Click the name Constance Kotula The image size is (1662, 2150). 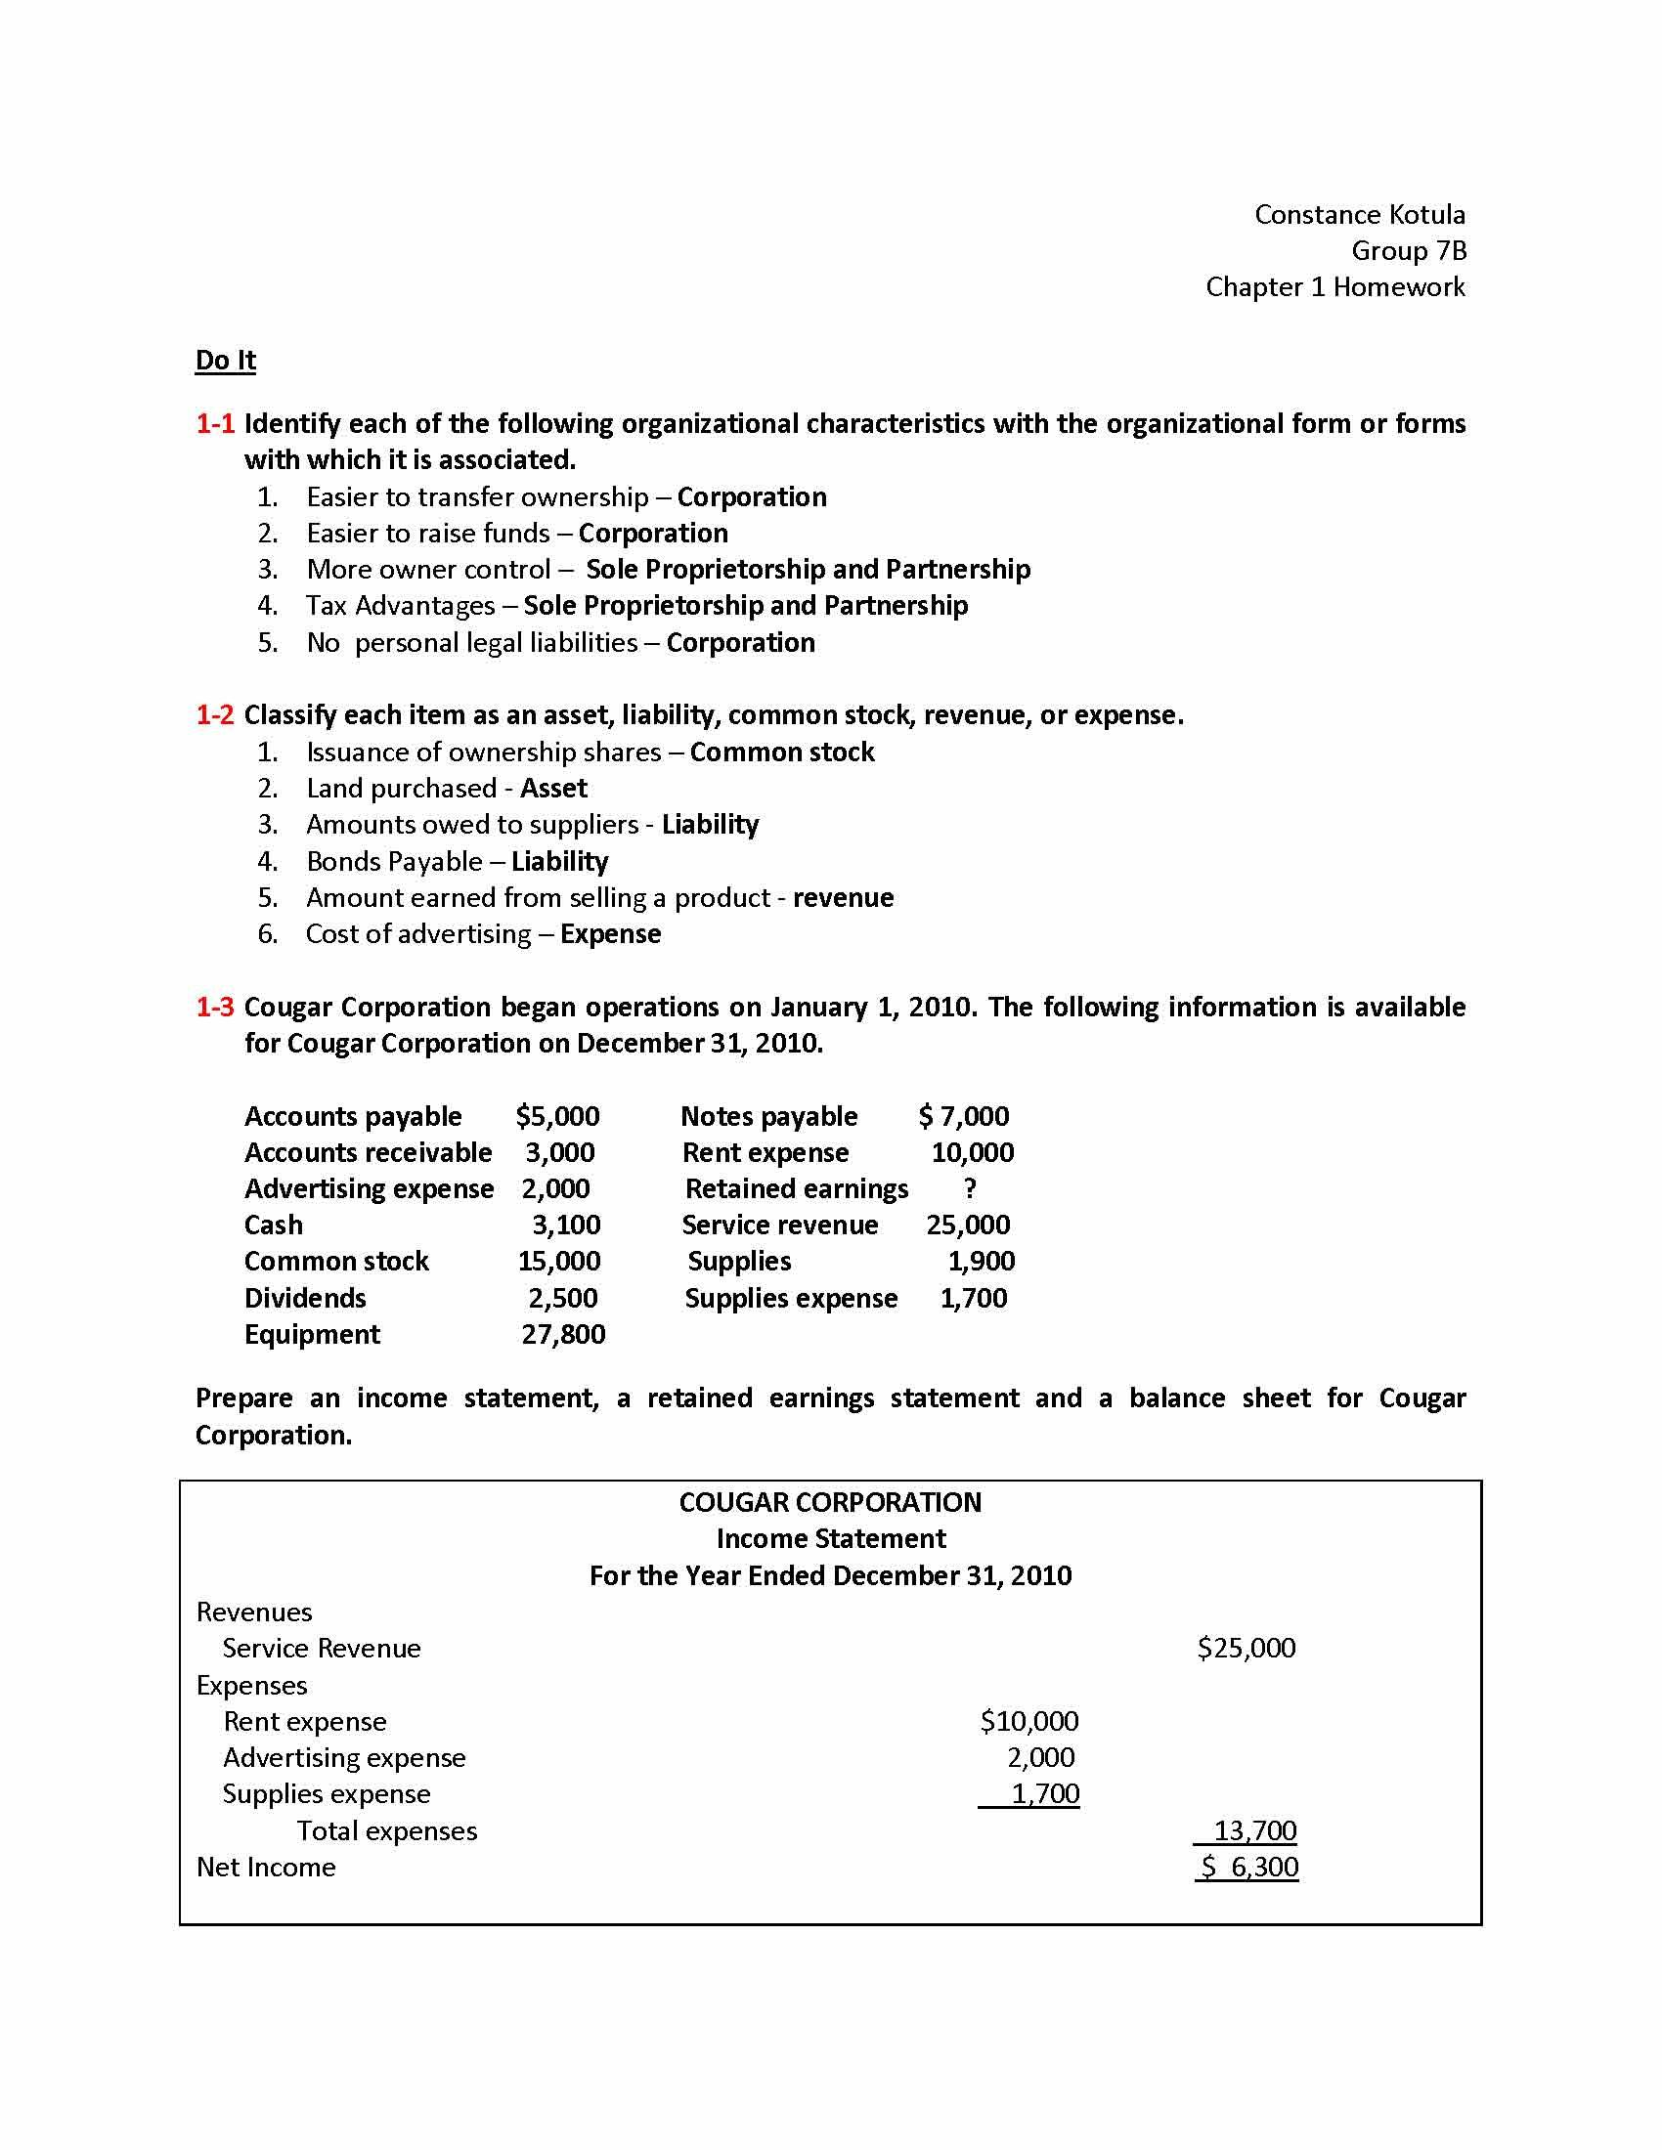point(1359,215)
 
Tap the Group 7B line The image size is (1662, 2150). point(1408,251)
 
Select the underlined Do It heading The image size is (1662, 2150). point(226,361)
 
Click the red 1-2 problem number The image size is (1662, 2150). point(215,714)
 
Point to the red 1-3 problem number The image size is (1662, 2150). point(215,1007)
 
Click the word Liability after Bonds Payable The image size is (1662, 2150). point(559,861)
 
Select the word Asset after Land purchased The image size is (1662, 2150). point(553,789)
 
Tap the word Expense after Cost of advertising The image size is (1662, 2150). point(610,934)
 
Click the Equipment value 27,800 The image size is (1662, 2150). point(563,1335)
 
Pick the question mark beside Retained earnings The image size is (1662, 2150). point(970,1189)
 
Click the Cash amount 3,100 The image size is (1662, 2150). point(566,1225)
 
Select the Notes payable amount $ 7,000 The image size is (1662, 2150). point(963,1116)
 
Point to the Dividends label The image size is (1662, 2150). point(305,1299)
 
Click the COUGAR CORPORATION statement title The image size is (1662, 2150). point(830,1502)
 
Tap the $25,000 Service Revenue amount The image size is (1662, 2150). point(1246,1648)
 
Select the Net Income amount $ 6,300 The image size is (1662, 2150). point(1248,1868)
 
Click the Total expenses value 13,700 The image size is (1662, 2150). point(1253,1831)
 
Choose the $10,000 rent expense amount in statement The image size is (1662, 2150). point(1028,1721)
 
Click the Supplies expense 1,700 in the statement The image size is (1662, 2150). point(1045,1793)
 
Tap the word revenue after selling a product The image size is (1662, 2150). point(843,898)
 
